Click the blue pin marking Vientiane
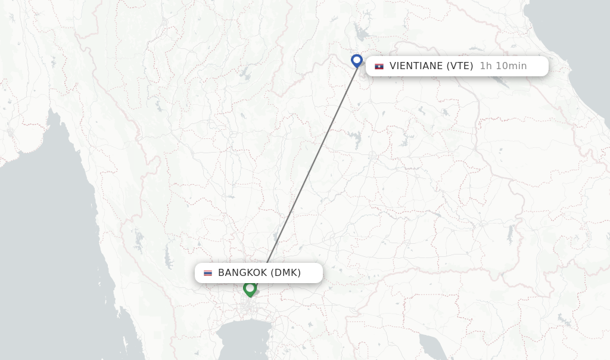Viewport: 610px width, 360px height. [357, 60]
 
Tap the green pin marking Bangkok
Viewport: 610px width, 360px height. [250, 288]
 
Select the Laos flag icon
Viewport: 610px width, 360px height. [379, 66]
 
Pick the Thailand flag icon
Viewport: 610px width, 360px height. [208, 273]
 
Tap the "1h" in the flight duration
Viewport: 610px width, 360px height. [486, 66]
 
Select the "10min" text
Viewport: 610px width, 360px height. [511, 66]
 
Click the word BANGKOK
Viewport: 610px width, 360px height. [242, 273]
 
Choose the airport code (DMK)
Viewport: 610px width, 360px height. [285, 273]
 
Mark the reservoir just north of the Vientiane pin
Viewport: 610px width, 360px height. [360, 33]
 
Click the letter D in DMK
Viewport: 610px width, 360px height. [278, 273]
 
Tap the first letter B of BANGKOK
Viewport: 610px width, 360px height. [222, 273]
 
